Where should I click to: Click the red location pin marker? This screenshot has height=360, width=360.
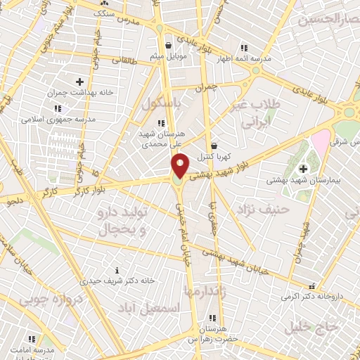click(x=181, y=165)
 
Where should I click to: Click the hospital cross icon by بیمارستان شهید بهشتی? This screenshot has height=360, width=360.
click(x=303, y=169)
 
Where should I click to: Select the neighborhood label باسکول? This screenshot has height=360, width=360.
click(x=161, y=104)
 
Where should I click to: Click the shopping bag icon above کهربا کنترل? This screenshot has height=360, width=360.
click(x=214, y=146)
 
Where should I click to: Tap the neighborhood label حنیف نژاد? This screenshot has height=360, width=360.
click(x=263, y=209)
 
